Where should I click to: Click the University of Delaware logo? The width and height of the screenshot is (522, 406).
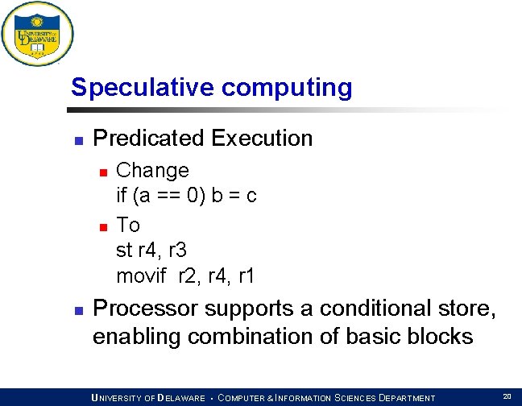click(37, 34)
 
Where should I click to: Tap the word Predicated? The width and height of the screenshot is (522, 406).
click(149, 139)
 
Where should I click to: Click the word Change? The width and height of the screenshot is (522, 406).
click(152, 171)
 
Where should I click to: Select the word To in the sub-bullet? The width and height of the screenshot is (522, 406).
click(128, 225)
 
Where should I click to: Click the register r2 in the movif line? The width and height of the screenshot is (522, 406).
click(189, 276)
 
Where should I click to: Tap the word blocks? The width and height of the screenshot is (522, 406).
click(440, 336)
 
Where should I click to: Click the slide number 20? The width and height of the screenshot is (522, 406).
click(507, 396)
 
